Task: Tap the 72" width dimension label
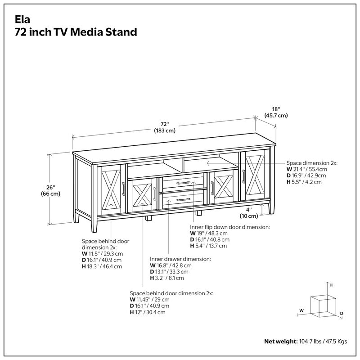pos(164,127)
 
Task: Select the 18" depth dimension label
pos(276,112)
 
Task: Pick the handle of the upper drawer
pos(184,183)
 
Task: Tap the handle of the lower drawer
pos(184,199)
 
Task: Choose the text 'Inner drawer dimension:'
pos(180,259)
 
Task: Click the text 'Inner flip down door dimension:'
pos(230,227)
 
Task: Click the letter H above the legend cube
pos(331,285)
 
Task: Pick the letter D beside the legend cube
pos(342,313)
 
